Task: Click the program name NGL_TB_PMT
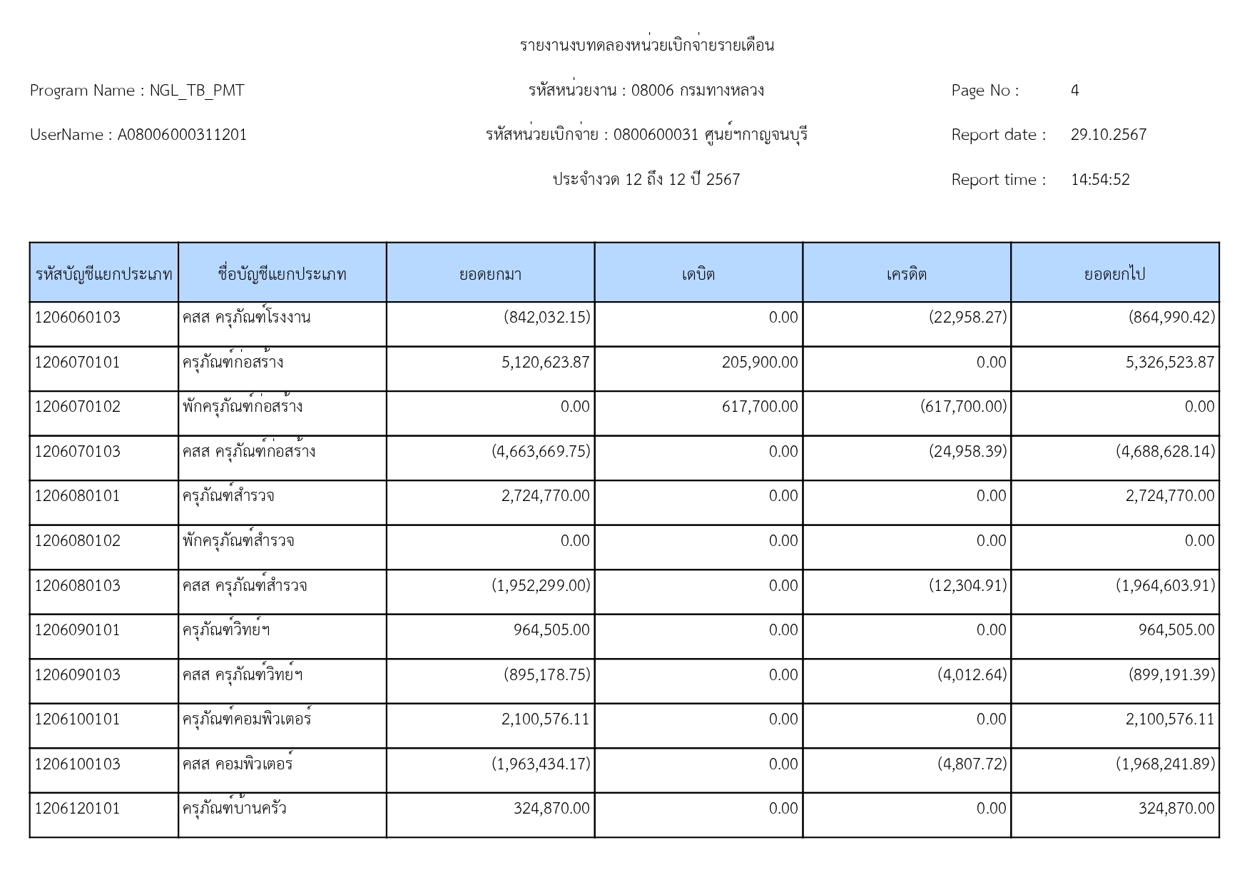[x=196, y=91]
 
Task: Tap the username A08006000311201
[x=182, y=135]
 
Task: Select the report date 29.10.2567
[x=1108, y=135]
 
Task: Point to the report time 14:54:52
[x=1100, y=180]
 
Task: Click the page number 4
[x=1074, y=91]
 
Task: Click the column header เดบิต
[x=698, y=274]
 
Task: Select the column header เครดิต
[x=906, y=274]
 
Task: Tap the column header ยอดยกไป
[x=1114, y=274]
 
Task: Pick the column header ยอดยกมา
[x=490, y=274]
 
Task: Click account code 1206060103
[x=78, y=318]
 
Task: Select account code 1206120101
[x=78, y=809]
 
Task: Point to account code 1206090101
[x=78, y=630]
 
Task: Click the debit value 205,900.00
[x=759, y=363]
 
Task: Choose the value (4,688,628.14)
[x=1165, y=452]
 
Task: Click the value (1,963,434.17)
[x=541, y=764]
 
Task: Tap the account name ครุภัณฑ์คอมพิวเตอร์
[x=247, y=719]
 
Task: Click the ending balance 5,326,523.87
[x=1169, y=363]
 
